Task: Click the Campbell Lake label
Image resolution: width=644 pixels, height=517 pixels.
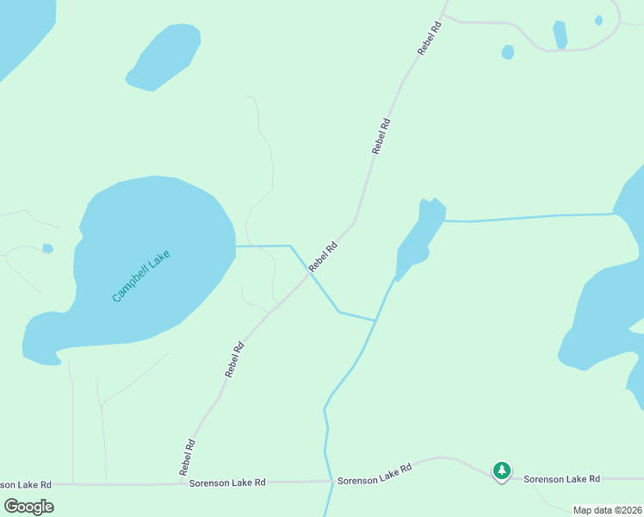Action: coord(141,276)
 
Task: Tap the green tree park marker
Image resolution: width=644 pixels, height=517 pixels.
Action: coord(501,470)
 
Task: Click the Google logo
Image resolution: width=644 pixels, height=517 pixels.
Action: coord(29,506)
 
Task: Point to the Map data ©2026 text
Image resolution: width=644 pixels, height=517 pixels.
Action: coord(607,510)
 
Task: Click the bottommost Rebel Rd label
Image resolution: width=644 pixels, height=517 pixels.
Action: coord(187,458)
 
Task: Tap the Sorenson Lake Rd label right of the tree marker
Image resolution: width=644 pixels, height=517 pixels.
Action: coord(561,478)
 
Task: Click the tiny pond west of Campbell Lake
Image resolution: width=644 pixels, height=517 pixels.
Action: coord(47,248)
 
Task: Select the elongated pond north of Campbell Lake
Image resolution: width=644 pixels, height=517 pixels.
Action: coord(164,56)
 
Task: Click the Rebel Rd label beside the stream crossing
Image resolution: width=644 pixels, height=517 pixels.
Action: coord(323,257)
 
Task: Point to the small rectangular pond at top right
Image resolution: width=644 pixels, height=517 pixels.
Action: coord(560,34)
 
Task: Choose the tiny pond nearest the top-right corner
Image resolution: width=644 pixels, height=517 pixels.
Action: coord(598,20)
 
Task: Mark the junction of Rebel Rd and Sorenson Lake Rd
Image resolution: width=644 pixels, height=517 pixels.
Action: coord(179,483)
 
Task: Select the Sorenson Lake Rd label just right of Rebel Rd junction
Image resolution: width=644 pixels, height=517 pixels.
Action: coord(227,483)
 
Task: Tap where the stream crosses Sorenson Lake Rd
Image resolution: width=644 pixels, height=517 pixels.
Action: coord(331,481)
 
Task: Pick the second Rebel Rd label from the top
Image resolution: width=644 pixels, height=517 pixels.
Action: coord(381,136)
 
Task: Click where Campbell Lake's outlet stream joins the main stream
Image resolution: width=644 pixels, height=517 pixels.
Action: coord(375,321)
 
